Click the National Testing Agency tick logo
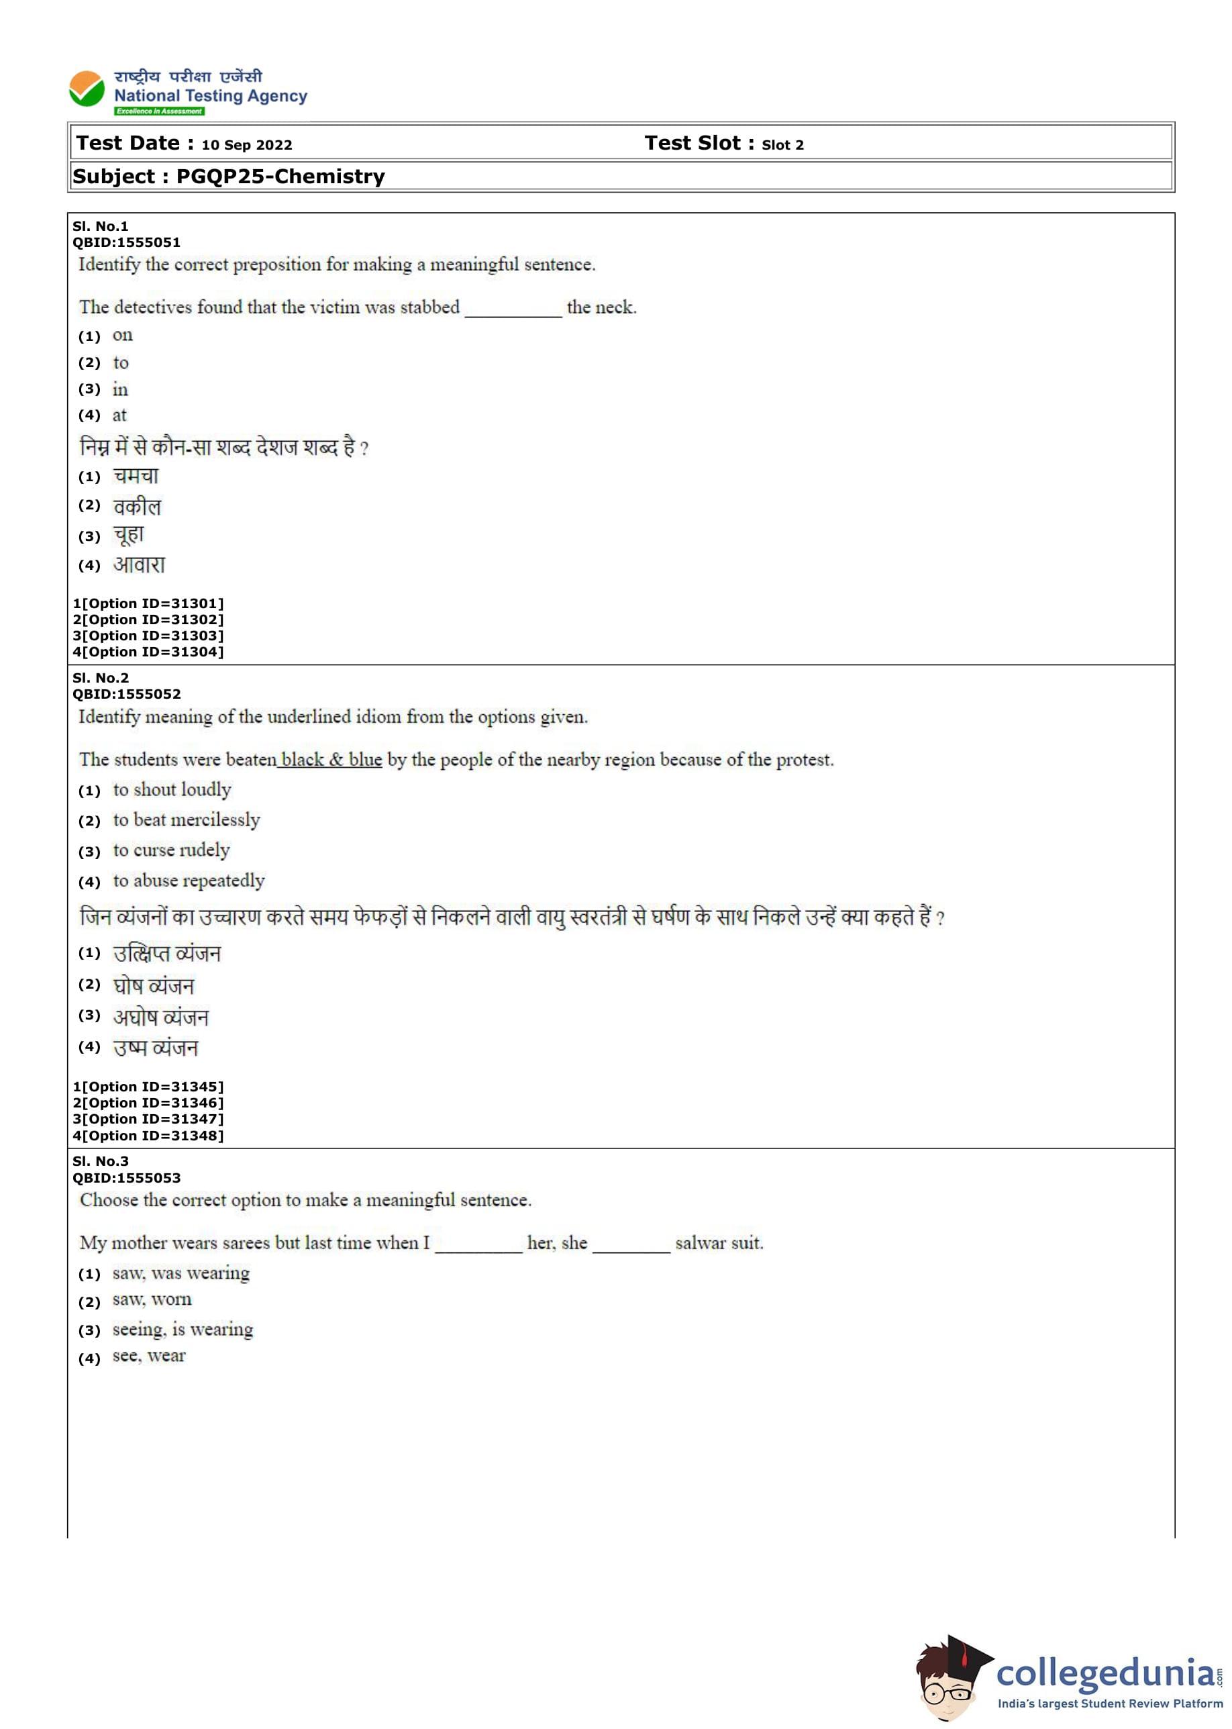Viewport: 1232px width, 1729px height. [87, 89]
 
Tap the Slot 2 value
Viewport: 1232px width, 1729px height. [782, 145]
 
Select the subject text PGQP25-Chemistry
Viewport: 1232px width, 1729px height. [280, 177]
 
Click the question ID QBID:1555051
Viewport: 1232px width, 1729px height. [126, 243]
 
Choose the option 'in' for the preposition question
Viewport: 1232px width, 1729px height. [120, 390]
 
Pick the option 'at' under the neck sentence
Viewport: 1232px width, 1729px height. [119, 415]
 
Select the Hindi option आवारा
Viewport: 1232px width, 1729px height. [139, 565]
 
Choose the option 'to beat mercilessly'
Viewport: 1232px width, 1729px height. [186, 820]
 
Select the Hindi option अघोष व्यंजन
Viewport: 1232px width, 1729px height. [160, 1018]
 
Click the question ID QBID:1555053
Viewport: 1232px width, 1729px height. [126, 1178]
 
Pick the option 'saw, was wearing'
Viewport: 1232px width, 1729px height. [181, 1273]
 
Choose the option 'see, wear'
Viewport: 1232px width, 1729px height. [149, 1356]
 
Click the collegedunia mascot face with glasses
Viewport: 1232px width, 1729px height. [947, 1689]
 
